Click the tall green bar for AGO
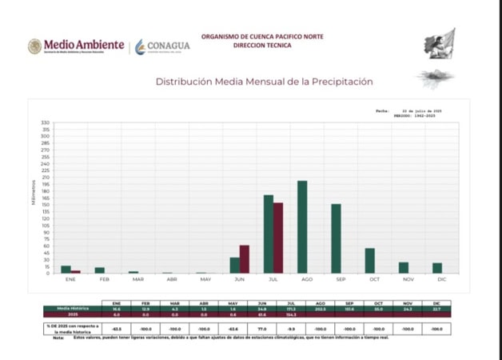tap(302, 227)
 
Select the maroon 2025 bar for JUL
tap(278, 238)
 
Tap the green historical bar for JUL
tap(269, 234)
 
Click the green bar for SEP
tap(337, 238)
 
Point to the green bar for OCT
tap(370, 261)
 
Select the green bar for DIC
tap(437, 268)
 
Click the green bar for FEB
tap(100, 270)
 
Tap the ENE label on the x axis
tap(70, 281)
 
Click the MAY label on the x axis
tap(205, 281)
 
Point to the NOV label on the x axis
tap(408, 281)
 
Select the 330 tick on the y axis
tap(46, 123)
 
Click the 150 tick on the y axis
tap(46, 205)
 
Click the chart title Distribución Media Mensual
tap(264, 82)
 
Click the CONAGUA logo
tap(162, 46)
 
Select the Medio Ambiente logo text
tap(83, 45)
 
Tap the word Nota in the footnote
tap(58, 337)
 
